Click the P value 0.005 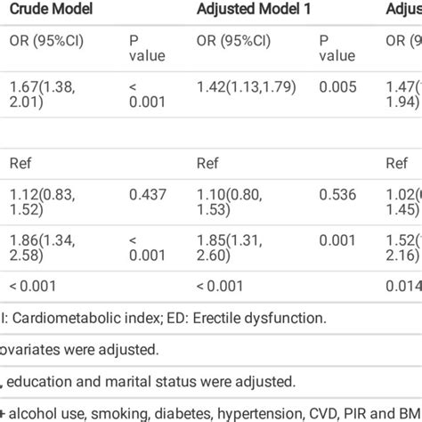point(336,86)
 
